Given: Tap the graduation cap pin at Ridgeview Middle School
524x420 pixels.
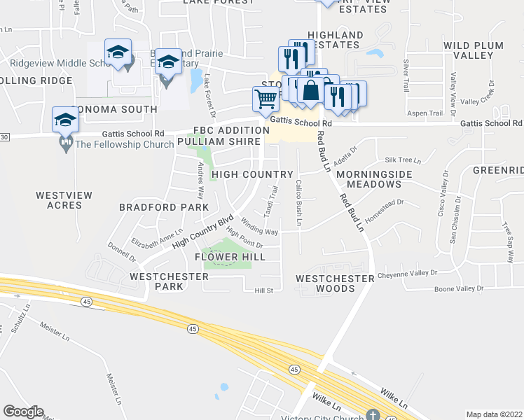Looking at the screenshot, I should click(x=118, y=52).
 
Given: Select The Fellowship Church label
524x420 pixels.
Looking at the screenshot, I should click(x=124, y=145).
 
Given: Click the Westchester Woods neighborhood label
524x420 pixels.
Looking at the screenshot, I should click(x=335, y=283).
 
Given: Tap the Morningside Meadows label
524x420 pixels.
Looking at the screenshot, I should click(x=368, y=178).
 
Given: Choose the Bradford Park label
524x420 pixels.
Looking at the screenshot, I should click(x=164, y=207).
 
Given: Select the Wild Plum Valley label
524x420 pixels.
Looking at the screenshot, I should click(x=474, y=50).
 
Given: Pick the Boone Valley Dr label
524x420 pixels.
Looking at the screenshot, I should click(x=459, y=288).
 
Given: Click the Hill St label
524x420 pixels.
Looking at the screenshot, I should click(x=253, y=290).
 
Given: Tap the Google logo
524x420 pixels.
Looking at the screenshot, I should click(x=23, y=412).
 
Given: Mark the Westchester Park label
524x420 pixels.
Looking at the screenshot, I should click(x=169, y=281).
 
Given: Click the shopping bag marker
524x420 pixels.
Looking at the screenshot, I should click(x=310, y=90).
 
